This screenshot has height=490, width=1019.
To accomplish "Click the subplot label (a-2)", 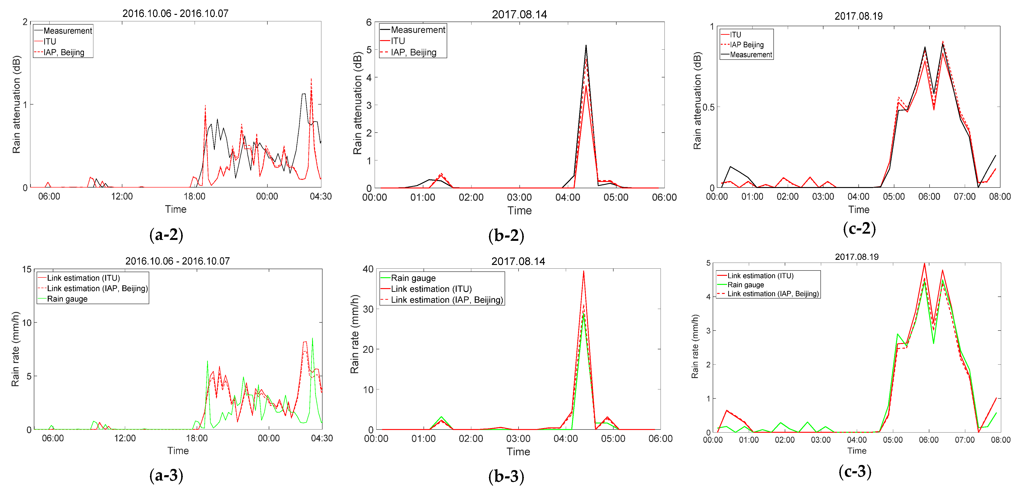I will (x=166, y=235).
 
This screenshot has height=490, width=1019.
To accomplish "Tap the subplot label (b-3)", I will (x=506, y=476).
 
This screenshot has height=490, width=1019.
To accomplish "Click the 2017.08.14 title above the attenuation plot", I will (x=519, y=15).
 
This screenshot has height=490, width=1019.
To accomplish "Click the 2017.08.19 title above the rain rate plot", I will (x=856, y=257).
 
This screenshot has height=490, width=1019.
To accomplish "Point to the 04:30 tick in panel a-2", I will (x=320, y=196).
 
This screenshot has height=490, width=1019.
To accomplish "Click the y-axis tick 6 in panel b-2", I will (x=369, y=22).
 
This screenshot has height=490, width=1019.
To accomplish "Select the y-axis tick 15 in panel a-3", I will (x=26, y=270).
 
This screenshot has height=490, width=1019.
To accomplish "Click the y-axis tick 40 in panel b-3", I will (x=368, y=269).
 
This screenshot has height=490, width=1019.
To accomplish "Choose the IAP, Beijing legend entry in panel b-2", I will (x=413, y=52).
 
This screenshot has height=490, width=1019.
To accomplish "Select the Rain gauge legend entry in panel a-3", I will (x=67, y=299).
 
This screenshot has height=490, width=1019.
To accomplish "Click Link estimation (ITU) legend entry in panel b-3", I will (x=431, y=289).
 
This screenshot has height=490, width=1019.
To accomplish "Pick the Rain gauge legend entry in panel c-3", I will (x=746, y=285).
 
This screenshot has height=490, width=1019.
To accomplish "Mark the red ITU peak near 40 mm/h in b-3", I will (x=583, y=271).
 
